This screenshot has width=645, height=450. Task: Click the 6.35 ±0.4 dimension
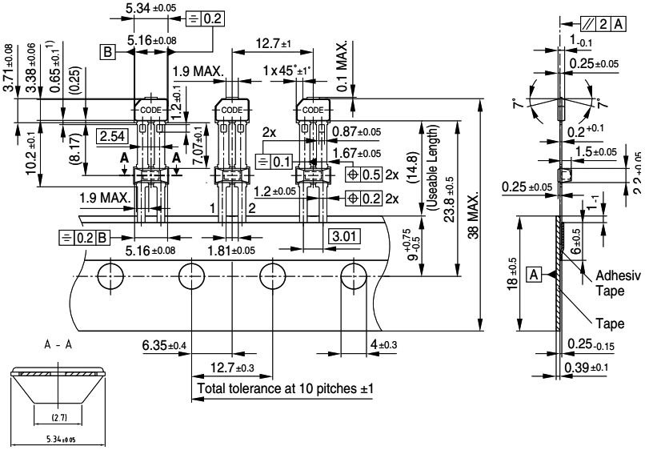(x=165, y=345)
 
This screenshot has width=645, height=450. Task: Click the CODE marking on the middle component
(x=230, y=110)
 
